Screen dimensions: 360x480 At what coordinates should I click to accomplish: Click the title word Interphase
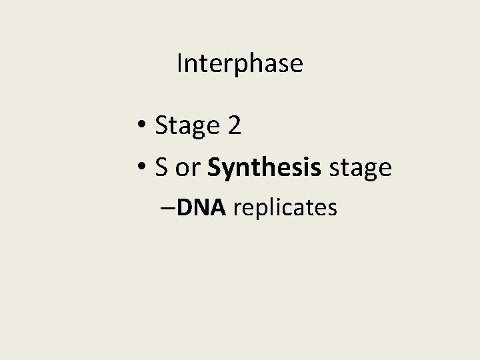click(240, 64)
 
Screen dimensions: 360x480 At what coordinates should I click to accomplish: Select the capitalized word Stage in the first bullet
click(187, 125)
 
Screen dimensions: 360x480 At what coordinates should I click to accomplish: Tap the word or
click(187, 168)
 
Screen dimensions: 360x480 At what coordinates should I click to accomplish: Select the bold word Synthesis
click(264, 168)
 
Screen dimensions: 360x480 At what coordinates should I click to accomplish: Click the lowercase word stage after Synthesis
click(360, 169)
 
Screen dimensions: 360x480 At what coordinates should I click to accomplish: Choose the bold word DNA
click(203, 208)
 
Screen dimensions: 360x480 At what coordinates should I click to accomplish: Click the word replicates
click(285, 209)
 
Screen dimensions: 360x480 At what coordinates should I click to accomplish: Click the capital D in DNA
click(186, 208)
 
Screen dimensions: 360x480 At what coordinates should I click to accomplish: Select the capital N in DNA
click(203, 208)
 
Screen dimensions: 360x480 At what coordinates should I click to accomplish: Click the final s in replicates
click(333, 209)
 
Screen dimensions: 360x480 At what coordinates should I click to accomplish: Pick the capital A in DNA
click(219, 208)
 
